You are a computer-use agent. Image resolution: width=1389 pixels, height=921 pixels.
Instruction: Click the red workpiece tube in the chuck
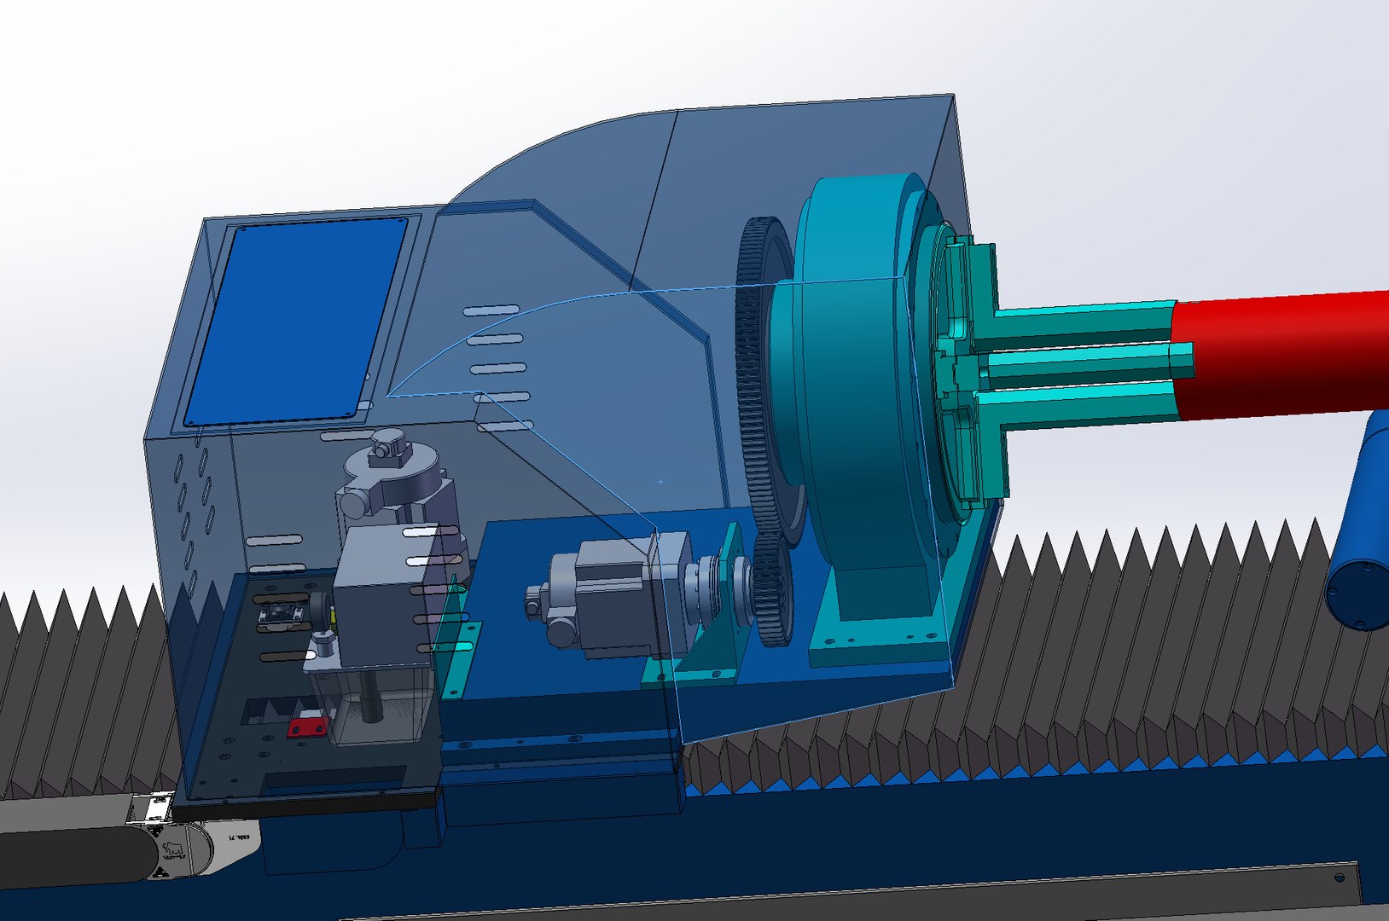point(1280,354)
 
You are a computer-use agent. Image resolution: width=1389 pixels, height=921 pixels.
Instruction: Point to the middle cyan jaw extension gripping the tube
point(1084,363)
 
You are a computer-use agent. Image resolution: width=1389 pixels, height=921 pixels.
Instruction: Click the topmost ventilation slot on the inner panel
point(491,310)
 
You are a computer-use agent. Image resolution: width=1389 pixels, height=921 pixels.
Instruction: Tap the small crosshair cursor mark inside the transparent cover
point(661,482)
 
